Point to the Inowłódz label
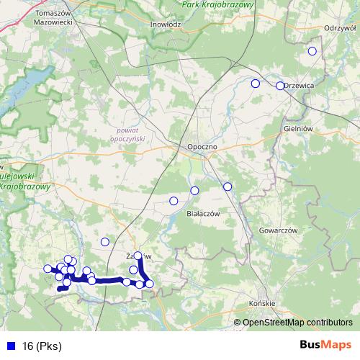point(165,23)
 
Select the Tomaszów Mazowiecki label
point(54,17)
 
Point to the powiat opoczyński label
point(130,133)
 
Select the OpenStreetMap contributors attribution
point(297,323)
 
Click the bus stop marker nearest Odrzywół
point(312,51)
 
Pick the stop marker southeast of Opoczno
point(228,186)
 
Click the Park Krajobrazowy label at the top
point(217,5)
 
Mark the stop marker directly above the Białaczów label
point(194,190)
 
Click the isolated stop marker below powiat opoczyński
point(105,242)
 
